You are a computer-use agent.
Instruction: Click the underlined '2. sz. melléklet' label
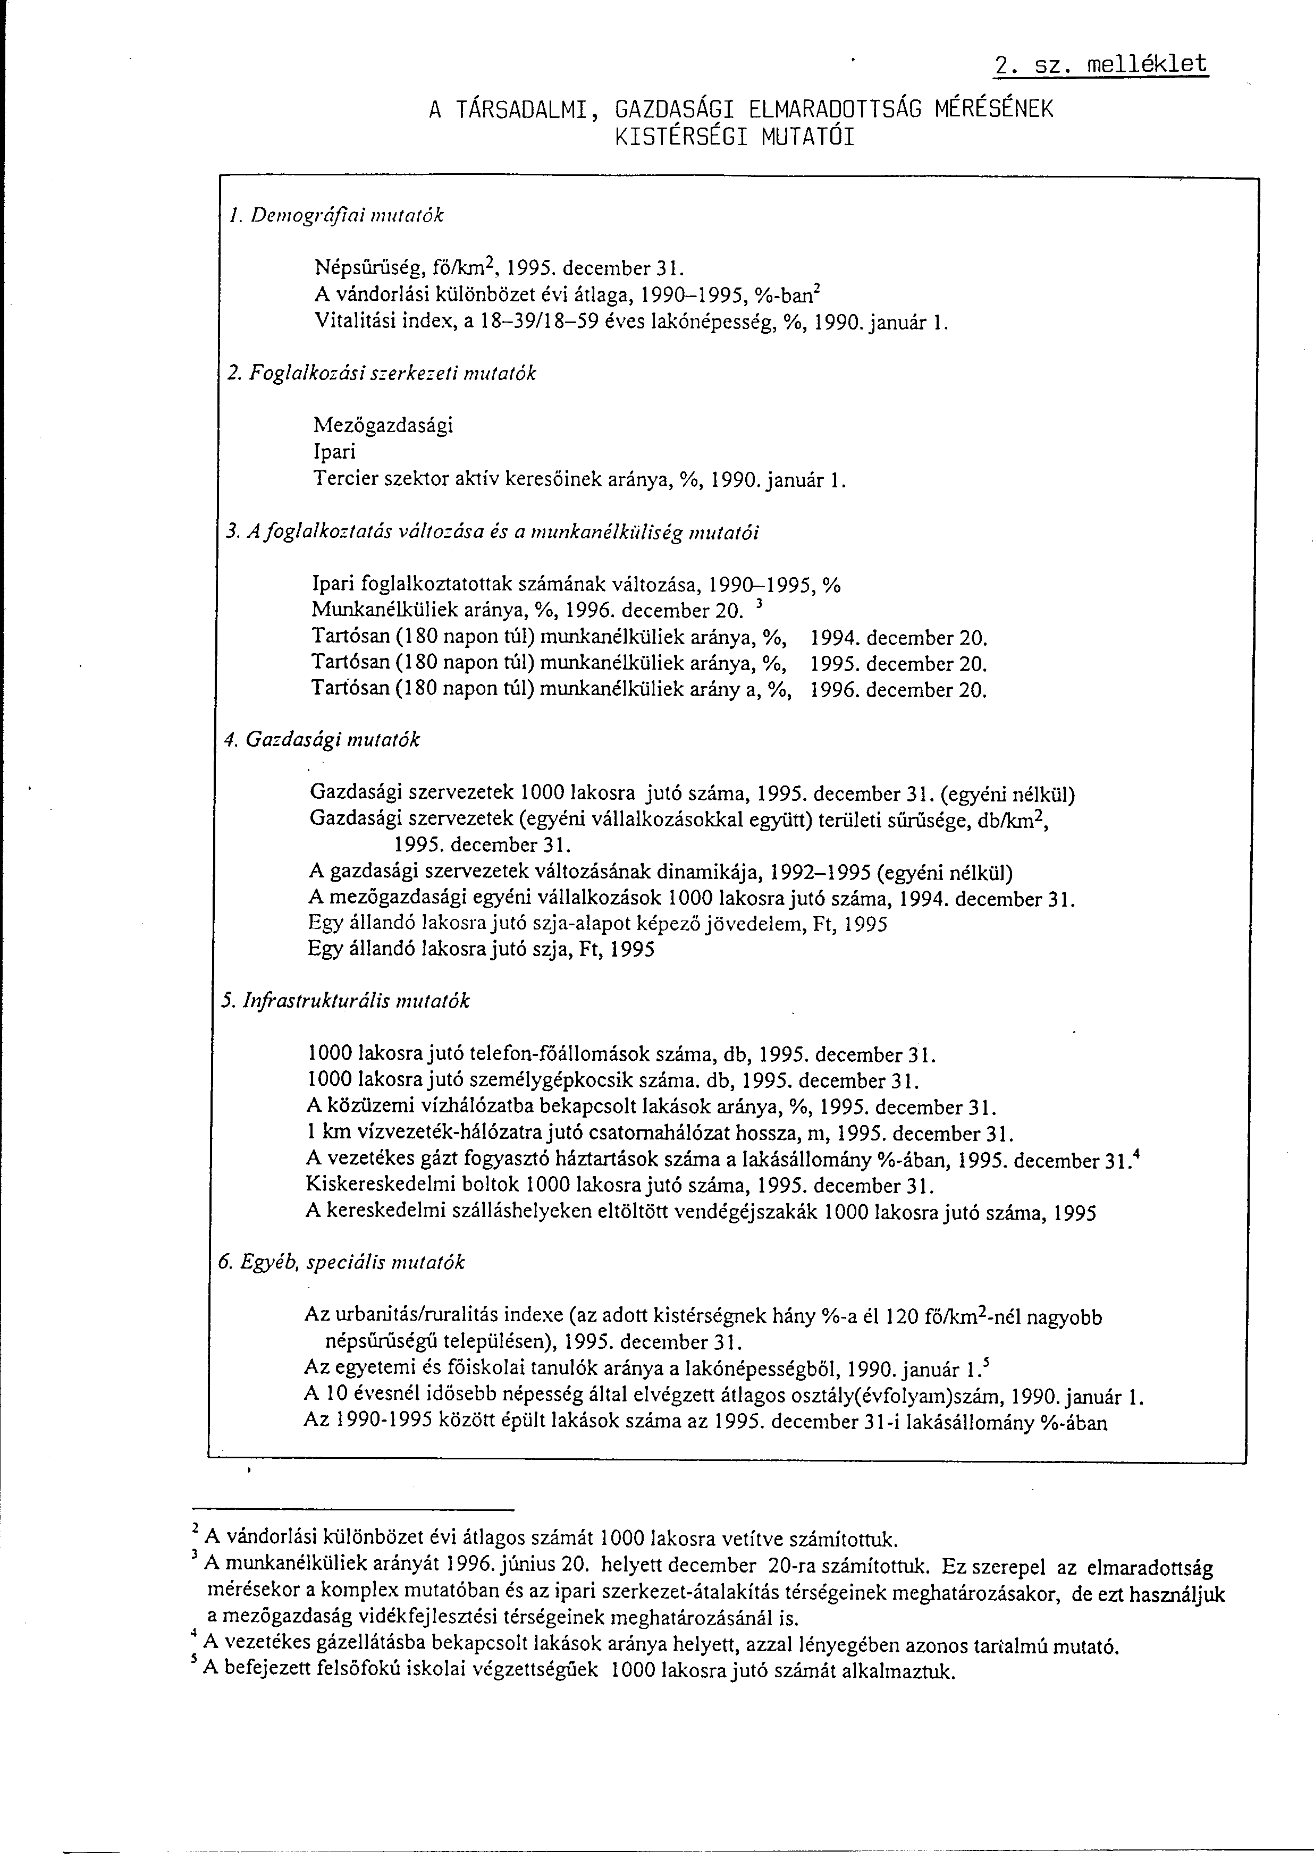[x=1101, y=65]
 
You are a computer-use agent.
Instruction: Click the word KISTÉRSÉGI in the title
[x=678, y=137]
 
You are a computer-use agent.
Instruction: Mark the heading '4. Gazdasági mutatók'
[x=322, y=740]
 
